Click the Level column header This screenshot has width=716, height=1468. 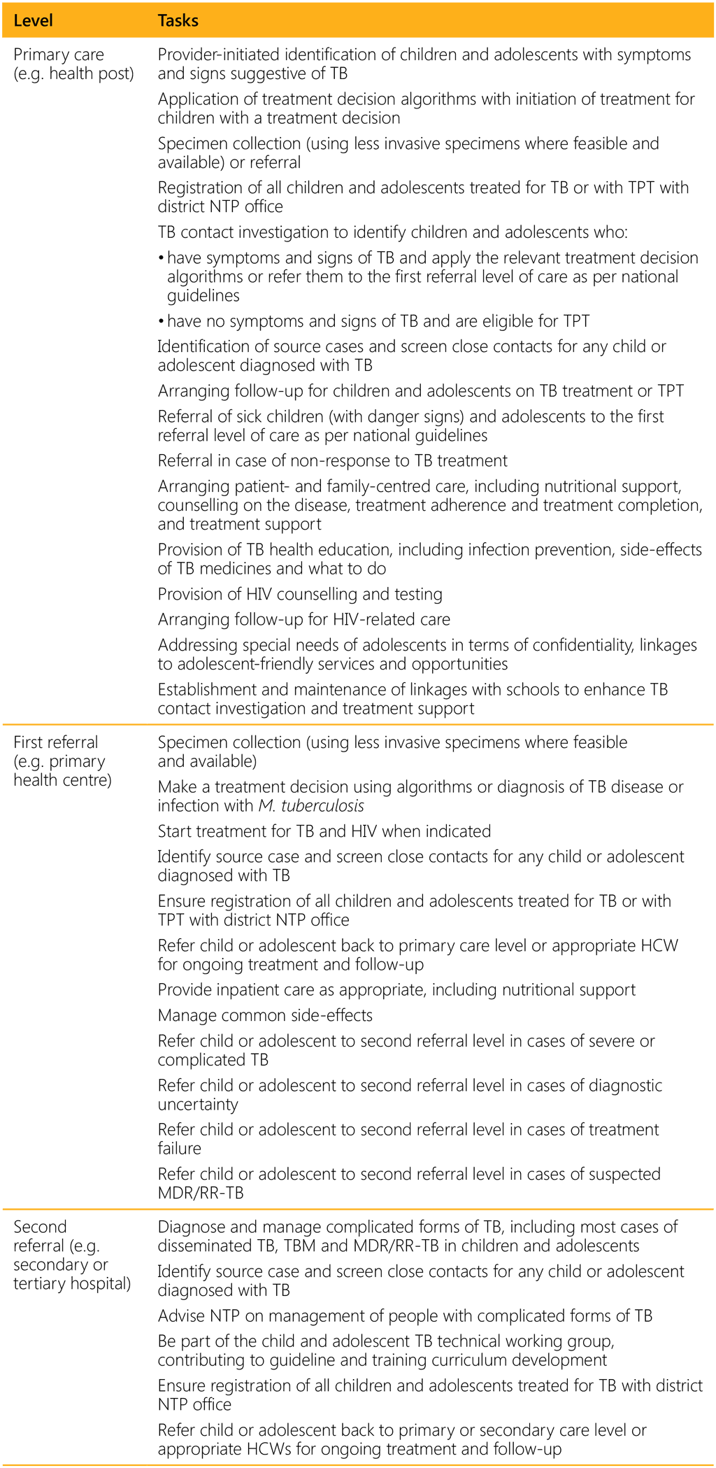(x=33, y=20)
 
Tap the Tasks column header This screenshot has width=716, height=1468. (x=178, y=20)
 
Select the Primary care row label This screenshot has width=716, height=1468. (x=59, y=55)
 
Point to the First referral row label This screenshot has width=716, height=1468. (x=56, y=742)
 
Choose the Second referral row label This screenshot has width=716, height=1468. (x=40, y=1227)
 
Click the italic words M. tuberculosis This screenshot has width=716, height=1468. (x=311, y=806)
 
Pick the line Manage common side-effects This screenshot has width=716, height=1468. (x=265, y=1015)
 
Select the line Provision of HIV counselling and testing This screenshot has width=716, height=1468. (x=300, y=594)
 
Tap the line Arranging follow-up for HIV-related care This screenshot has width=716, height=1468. (x=303, y=619)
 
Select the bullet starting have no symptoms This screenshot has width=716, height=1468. (x=378, y=321)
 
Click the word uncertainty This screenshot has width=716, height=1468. (x=198, y=1105)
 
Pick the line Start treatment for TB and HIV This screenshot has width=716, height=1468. (x=324, y=831)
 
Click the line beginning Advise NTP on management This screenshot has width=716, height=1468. (x=405, y=1316)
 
